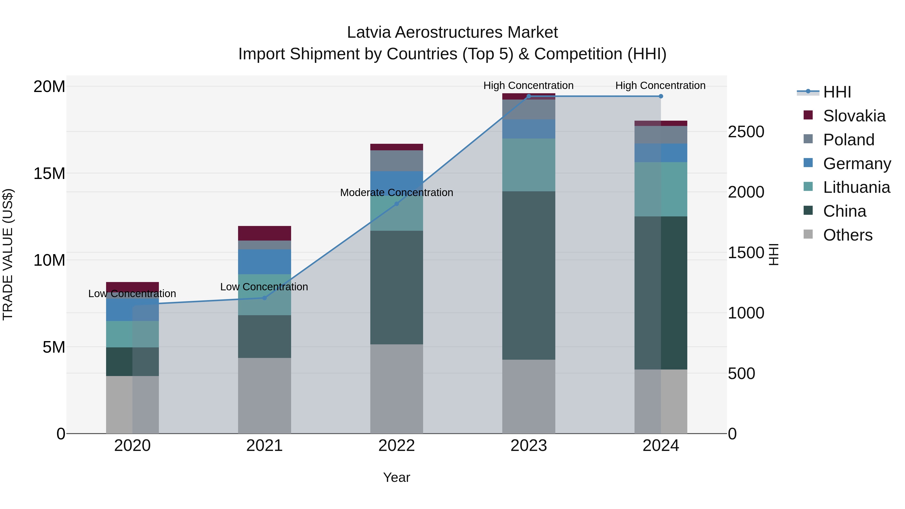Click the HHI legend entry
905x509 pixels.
coord(836,92)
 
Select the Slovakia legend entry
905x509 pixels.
coord(854,116)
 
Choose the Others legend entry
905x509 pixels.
coord(847,235)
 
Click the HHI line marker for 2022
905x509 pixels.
coord(397,204)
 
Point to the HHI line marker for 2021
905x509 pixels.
coord(264,298)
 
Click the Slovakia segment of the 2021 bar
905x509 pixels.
coord(264,233)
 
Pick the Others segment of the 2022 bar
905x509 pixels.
coord(397,389)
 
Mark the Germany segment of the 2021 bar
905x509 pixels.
coord(264,262)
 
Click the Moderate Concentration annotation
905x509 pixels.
coord(397,193)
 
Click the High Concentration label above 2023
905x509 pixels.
coord(528,85)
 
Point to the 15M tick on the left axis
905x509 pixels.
coord(49,173)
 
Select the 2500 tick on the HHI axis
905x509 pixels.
coord(746,132)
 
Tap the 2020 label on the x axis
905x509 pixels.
coord(132,446)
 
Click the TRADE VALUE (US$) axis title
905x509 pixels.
coord(8,254)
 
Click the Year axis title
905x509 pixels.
coord(397,477)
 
